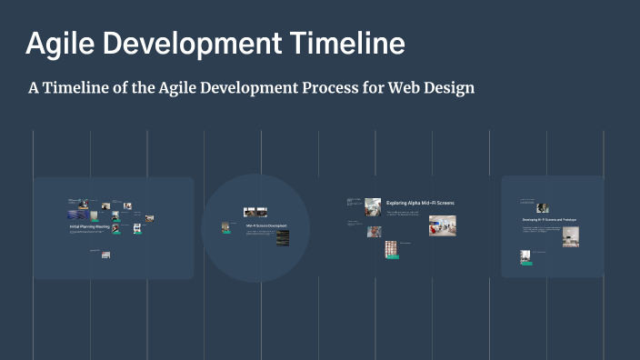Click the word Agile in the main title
57,44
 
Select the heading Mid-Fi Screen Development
266,225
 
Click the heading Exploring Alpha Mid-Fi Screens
420,203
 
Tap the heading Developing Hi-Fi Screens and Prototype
548,220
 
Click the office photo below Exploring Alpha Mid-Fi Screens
442,225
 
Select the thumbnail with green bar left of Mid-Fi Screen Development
225,227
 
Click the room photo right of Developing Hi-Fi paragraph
570,236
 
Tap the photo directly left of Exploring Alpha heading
373,207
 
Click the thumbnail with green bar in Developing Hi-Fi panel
525,257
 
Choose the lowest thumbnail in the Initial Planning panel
105,255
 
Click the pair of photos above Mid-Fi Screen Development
255,212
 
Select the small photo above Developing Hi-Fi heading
542,208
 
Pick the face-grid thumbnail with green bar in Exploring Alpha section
391,249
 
